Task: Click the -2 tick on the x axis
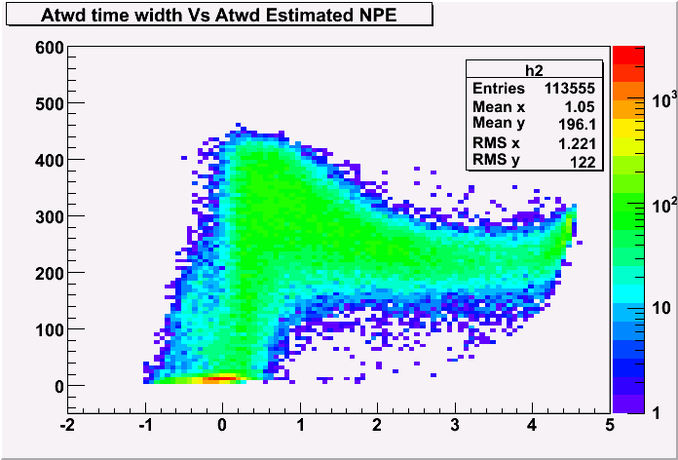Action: pos(67,425)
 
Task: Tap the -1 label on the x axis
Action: pos(144,425)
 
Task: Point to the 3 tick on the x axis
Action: pos(455,425)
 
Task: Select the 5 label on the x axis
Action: pos(609,425)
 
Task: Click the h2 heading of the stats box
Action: pos(535,71)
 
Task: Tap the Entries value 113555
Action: pos(570,89)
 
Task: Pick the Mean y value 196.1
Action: pos(576,124)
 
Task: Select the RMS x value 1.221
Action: pos(576,143)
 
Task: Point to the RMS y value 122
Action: pos(583,162)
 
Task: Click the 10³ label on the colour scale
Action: pos(663,100)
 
